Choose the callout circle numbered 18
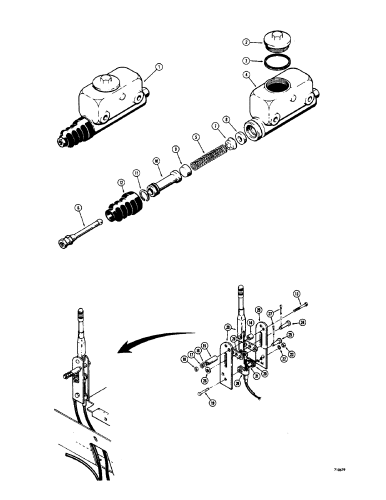click(184, 360)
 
